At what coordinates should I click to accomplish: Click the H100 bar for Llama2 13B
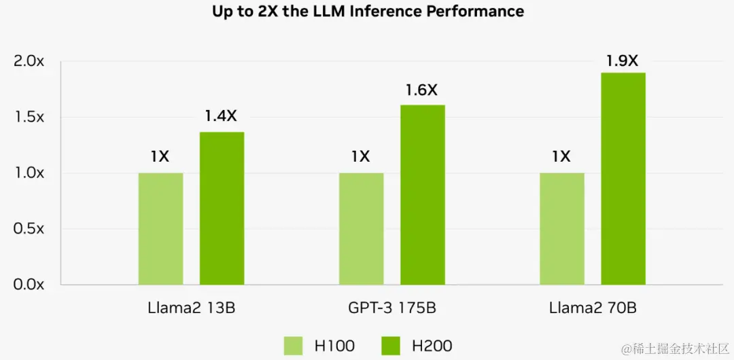(160, 228)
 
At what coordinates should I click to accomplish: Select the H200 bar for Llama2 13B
(222, 208)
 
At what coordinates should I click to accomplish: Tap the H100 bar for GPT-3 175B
(361, 228)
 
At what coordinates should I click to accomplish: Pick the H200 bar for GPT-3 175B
(422, 194)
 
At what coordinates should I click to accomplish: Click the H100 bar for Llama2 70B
(561, 228)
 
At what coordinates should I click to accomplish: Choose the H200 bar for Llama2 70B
(623, 178)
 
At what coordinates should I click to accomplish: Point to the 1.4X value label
(221, 116)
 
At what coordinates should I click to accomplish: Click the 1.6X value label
(421, 90)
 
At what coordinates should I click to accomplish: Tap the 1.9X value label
(622, 60)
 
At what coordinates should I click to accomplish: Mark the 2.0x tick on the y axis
(29, 61)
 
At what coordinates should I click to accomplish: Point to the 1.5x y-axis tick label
(29, 117)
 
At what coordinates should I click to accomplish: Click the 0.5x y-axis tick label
(29, 228)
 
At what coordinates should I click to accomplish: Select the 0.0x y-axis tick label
(29, 284)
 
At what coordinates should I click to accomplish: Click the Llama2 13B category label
(191, 308)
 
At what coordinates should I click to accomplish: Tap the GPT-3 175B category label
(391, 308)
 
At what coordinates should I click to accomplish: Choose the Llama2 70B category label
(593, 308)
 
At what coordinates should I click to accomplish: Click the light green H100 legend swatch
(293, 345)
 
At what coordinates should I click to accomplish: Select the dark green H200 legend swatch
(391, 345)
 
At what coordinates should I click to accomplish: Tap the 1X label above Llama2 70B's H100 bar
(561, 157)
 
